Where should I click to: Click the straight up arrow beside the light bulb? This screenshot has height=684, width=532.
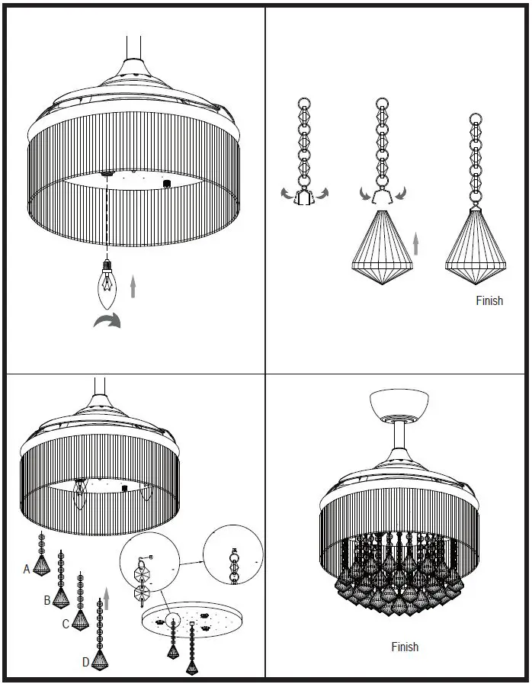click(x=133, y=287)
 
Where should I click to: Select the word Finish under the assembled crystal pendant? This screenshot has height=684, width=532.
click(x=489, y=300)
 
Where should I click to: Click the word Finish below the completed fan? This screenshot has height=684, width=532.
click(x=405, y=647)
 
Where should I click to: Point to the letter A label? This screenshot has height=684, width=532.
click(x=27, y=569)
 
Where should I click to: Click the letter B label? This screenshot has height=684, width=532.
click(x=47, y=600)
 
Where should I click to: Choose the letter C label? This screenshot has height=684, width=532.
click(x=66, y=624)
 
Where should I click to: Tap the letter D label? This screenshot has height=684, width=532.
click(x=86, y=662)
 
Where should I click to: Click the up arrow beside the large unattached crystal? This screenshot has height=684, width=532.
click(x=415, y=244)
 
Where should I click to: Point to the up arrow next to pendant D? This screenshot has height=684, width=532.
click(x=106, y=598)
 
